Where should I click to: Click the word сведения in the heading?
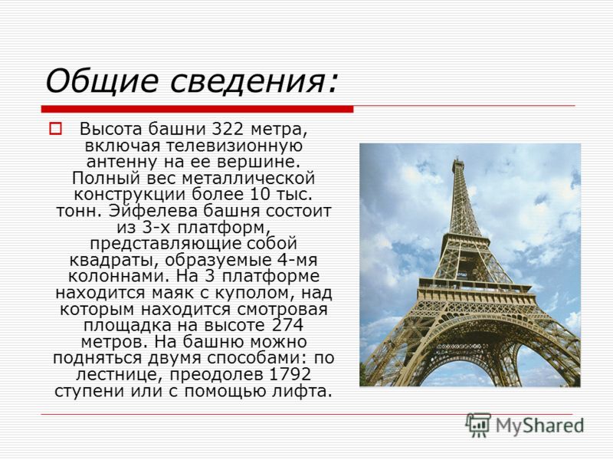coord(253,80)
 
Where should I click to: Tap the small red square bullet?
coord(55,129)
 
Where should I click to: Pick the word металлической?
coord(248,179)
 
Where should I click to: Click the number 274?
coord(287,325)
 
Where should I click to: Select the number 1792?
coord(290,374)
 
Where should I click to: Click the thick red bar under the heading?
coord(197,109)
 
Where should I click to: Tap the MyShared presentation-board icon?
coord(478,426)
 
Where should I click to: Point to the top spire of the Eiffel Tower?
coord(457,159)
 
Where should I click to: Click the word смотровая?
coord(282,310)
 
